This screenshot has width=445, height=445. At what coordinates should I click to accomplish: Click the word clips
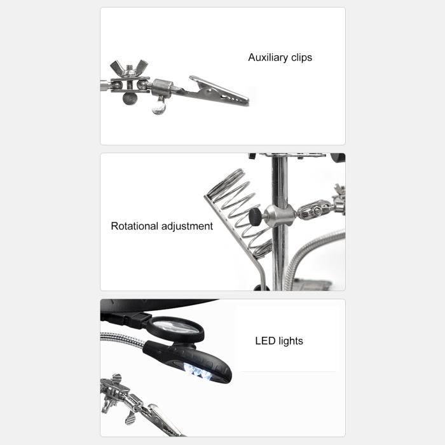pyautogui.click(x=302, y=58)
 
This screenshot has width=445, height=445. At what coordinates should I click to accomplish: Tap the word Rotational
pyautogui.click(x=135, y=226)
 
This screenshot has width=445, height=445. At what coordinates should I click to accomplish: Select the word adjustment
pyautogui.click(x=187, y=226)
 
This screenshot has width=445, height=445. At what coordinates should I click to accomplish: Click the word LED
pyautogui.click(x=265, y=341)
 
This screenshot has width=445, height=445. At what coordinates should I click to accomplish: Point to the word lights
pyautogui.click(x=291, y=341)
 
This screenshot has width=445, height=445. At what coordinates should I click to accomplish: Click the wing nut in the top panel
pyautogui.click(x=129, y=69)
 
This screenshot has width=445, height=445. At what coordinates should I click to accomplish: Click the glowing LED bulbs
pyautogui.click(x=198, y=372)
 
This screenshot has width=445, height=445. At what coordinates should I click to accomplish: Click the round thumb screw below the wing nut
pyautogui.click(x=130, y=99)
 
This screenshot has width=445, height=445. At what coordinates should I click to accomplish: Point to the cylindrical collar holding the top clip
pyautogui.click(x=162, y=88)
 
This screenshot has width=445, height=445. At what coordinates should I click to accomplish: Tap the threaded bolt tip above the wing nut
pyautogui.click(x=130, y=67)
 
